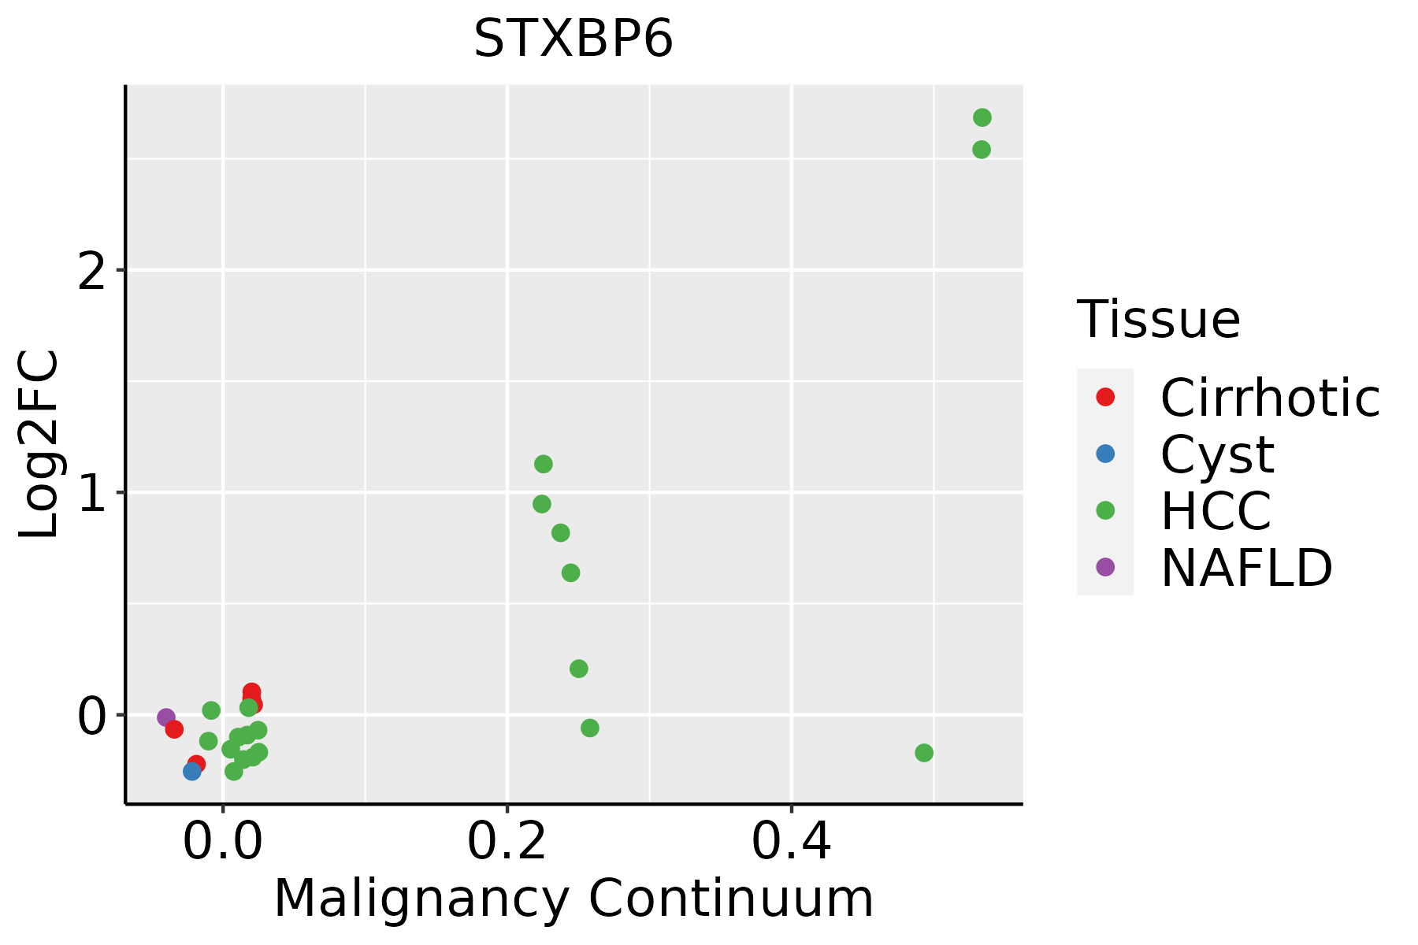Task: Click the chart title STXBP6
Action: tap(573, 39)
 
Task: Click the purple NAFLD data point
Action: tap(166, 717)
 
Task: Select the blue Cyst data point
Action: tap(192, 771)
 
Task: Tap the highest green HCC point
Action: tap(982, 117)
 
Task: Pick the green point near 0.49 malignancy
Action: tap(924, 753)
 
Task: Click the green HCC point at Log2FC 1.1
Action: tap(544, 464)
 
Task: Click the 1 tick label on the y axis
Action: tap(92, 495)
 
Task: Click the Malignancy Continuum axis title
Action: tap(573, 899)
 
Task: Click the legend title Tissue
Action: tap(1159, 320)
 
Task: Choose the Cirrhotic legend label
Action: tap(1270, 398)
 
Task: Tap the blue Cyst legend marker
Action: tap(1105, 454)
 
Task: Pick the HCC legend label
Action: tap(1216, 510)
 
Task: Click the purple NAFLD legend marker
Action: tap(1105, 566)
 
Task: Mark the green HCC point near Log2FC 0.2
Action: tap(579, 669)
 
